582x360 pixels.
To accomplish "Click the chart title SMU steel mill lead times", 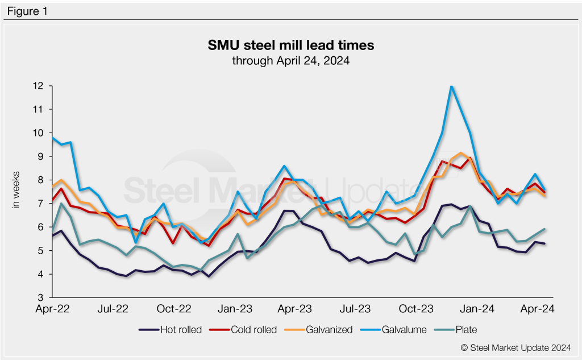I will click(290, 44).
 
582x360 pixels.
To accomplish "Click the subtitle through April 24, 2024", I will click(290, 59).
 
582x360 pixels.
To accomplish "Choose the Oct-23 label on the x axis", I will click(417, 309).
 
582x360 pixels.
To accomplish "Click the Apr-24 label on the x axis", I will click(538, 309).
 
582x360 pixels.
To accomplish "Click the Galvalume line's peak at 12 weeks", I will click(451, 86).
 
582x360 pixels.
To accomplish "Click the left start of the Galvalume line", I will click(52, 138).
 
